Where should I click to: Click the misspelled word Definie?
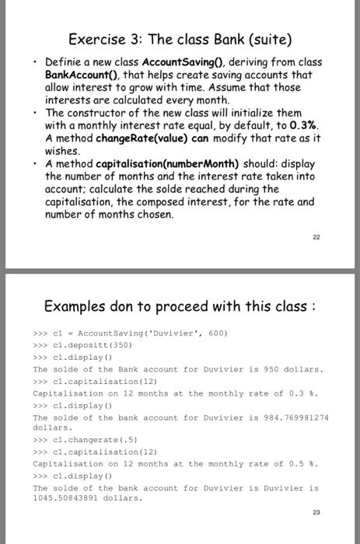[65, 61]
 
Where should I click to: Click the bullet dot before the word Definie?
[37, 61]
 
